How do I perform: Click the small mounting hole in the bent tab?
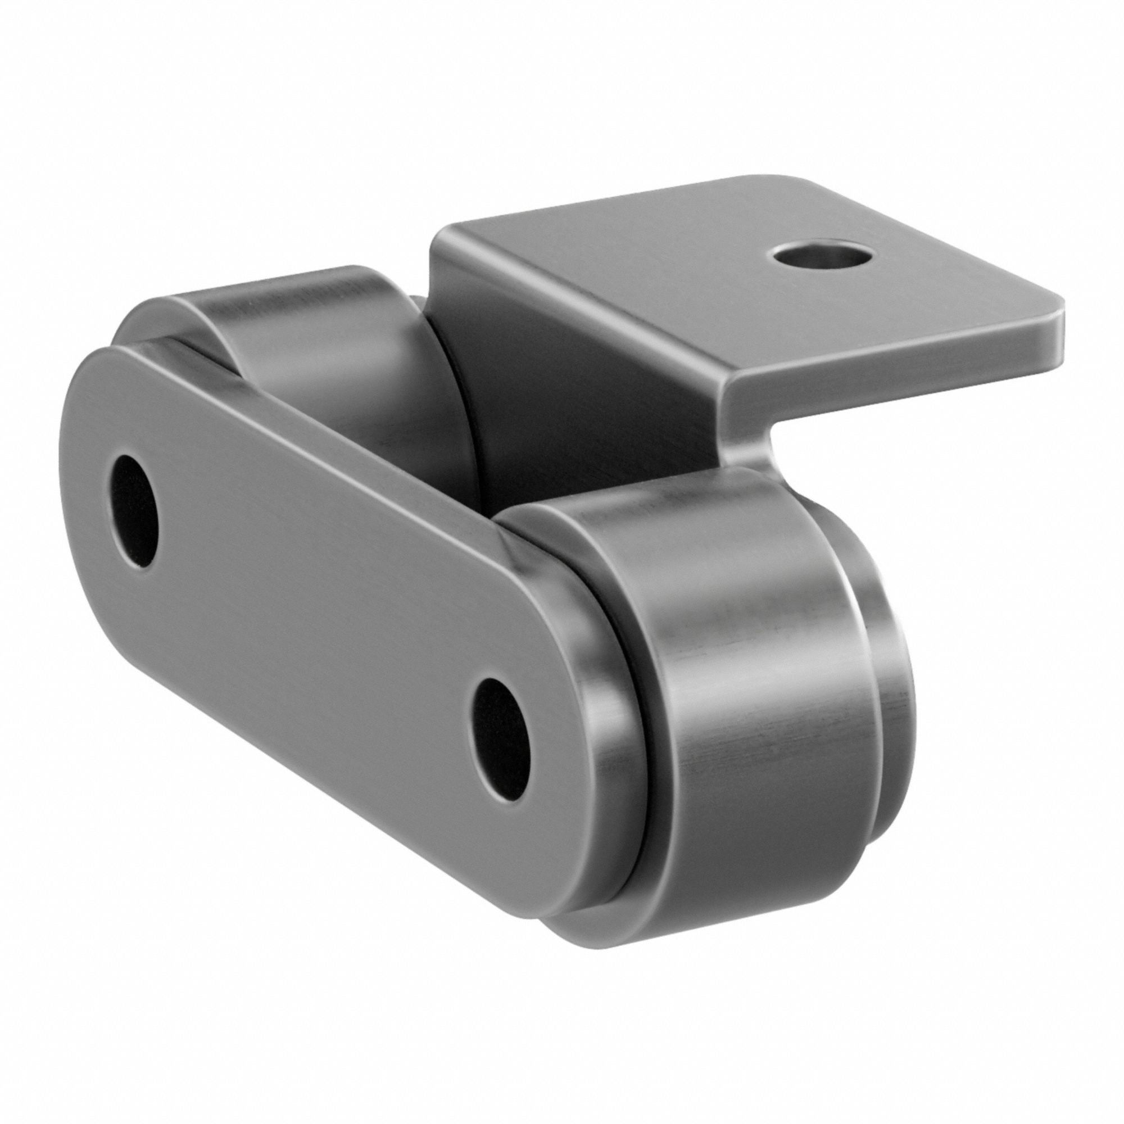point(823,254)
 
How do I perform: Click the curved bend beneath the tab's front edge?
point(750,430)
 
